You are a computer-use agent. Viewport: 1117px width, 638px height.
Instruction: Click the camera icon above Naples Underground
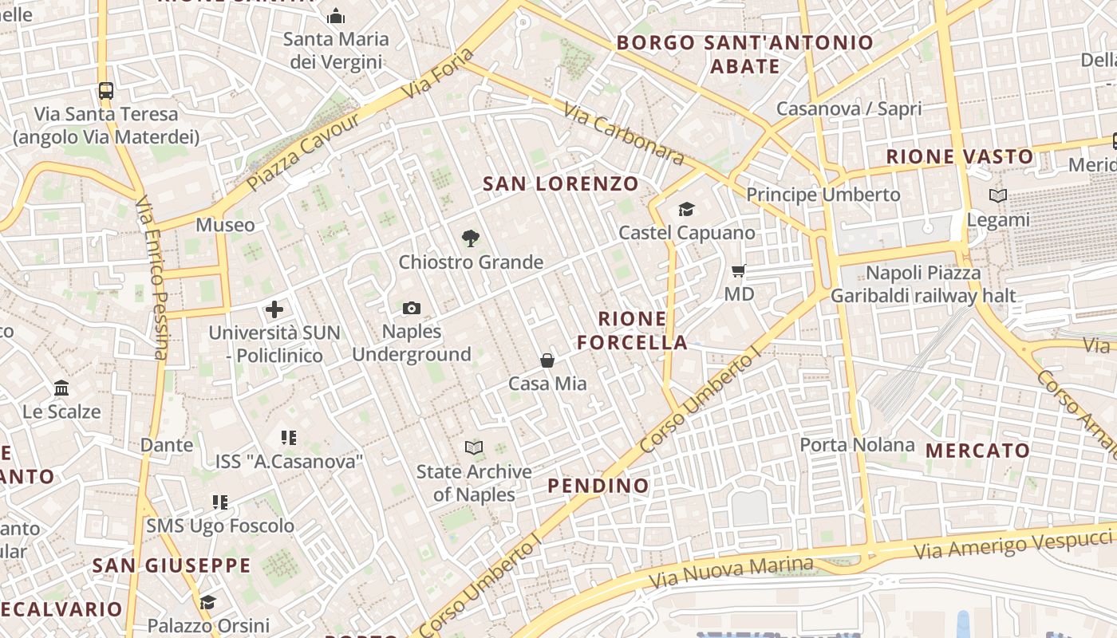412,309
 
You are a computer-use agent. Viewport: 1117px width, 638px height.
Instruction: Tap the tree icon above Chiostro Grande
471,238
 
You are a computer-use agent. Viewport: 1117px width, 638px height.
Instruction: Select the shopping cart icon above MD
739,271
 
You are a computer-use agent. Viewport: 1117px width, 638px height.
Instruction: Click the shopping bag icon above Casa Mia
547,360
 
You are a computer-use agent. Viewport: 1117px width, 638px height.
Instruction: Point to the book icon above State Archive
474,448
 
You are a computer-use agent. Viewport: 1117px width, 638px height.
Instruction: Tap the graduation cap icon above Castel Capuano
686,210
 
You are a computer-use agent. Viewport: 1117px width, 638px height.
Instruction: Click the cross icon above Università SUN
274,309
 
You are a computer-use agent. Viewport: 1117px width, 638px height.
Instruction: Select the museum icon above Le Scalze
61,388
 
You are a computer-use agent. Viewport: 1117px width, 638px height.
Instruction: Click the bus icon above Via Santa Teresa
105,91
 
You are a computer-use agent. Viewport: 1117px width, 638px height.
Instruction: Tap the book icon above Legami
997,195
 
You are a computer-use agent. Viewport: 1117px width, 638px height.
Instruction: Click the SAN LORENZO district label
561,184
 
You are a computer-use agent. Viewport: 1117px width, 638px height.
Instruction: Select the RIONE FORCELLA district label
633,331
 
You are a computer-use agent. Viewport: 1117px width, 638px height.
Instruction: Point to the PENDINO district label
598,486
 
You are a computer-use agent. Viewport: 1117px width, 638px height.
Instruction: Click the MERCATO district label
977,451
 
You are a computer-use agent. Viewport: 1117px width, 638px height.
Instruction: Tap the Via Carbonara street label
623,133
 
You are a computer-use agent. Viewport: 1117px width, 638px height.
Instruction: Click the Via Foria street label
438,73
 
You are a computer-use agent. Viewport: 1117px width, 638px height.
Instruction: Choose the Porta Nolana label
857,444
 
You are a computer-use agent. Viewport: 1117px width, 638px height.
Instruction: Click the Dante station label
167,445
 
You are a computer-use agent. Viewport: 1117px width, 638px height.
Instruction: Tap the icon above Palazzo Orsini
208,602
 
